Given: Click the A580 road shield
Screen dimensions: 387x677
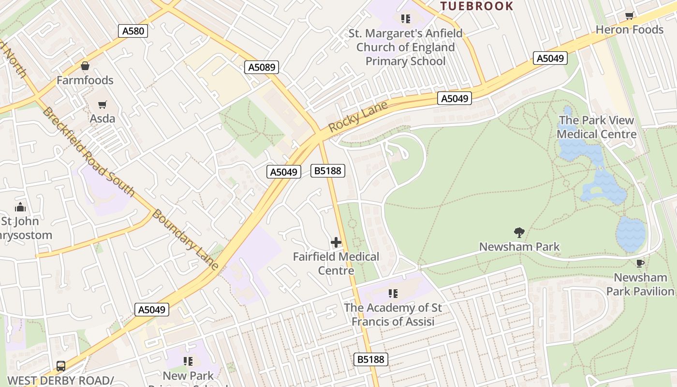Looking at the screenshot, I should [133, 31].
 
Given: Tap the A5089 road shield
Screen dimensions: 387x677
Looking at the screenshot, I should [262, 67].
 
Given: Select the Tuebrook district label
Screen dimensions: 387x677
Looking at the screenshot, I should [476, 6].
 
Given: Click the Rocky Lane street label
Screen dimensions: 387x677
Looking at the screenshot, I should [358, 117].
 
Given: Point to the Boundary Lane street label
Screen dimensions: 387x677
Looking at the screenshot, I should [185, 239].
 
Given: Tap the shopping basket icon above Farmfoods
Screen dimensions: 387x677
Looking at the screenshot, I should [85, 66].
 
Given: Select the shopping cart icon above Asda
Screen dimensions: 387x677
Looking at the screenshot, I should [102, 104].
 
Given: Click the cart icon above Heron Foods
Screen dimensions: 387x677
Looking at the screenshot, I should [629, 16].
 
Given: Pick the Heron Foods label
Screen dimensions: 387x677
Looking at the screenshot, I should [629, 30].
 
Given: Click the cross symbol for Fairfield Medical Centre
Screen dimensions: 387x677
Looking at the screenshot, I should [336, 242].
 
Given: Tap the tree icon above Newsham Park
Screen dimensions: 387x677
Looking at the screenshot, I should [519, 233].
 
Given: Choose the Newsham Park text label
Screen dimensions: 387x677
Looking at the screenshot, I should [519, 247].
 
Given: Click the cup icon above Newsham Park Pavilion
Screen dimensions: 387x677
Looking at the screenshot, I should [640, 264].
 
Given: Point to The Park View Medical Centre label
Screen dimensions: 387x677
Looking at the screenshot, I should [597, 127].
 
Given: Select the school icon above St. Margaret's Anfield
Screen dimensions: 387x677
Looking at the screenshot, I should [406, 19].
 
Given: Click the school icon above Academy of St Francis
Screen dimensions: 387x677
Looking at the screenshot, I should [393, 294].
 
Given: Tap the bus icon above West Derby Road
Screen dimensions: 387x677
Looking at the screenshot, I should [61, 366].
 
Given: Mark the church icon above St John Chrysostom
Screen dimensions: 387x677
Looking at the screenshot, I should [20, 208].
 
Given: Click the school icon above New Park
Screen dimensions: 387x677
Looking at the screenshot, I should [188, 361].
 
